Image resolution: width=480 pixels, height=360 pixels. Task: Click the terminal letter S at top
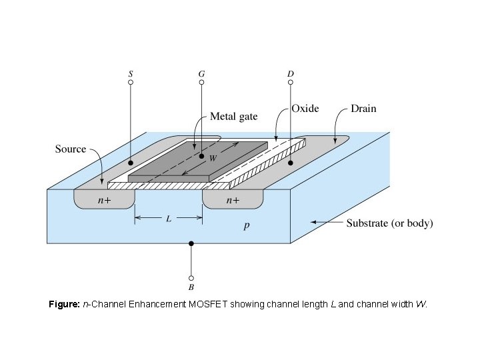tap(131, 73)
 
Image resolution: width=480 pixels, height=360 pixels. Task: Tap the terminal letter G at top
tap(201, 73)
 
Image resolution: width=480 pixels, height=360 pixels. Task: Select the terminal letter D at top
tap(291, 73)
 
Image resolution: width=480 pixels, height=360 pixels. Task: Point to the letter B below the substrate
tap(191, 287)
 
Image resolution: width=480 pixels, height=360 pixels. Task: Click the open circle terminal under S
tap(131, 82)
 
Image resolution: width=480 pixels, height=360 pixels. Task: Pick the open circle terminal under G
tap(201, 82)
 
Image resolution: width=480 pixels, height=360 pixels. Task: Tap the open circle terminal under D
tap(291, 82)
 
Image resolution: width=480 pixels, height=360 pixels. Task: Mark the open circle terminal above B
tap(191, 278)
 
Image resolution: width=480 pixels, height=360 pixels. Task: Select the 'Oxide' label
tap(305, 109)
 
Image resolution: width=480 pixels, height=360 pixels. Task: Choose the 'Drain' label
tap(364, 109)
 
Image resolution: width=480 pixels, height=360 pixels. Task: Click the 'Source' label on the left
tap(70, 149)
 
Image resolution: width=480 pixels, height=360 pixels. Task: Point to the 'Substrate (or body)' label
tap(389, 223)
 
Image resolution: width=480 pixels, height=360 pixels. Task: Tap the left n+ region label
tap(105, 200)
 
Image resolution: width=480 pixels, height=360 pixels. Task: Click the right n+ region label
tap(233, 200)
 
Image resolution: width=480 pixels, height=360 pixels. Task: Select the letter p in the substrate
tap(247, 227)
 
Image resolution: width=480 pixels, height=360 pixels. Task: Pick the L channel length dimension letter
tap(169, 218)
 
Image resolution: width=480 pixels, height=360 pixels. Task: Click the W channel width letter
tap(213, 159)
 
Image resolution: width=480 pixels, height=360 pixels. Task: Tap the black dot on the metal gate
tap(201, 156)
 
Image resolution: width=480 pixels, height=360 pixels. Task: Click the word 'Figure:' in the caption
tap(64, 304)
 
